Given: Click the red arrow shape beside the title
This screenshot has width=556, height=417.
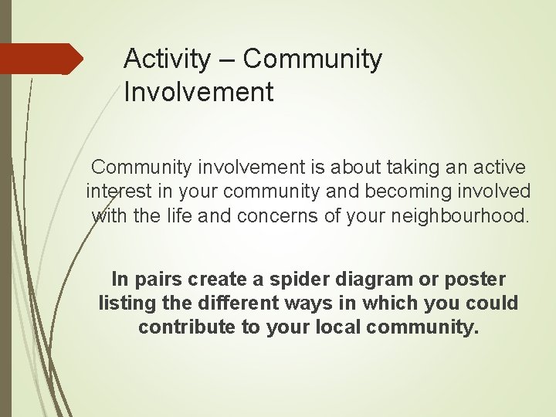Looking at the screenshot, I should coord(40,59).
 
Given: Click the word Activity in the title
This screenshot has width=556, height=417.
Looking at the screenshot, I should coord(166,59).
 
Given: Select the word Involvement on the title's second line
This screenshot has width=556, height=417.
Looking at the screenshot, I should coord(198,93).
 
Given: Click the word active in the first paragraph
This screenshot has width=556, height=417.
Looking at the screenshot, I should coord(499,167).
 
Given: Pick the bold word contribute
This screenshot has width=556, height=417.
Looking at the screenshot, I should coord(187,327).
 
